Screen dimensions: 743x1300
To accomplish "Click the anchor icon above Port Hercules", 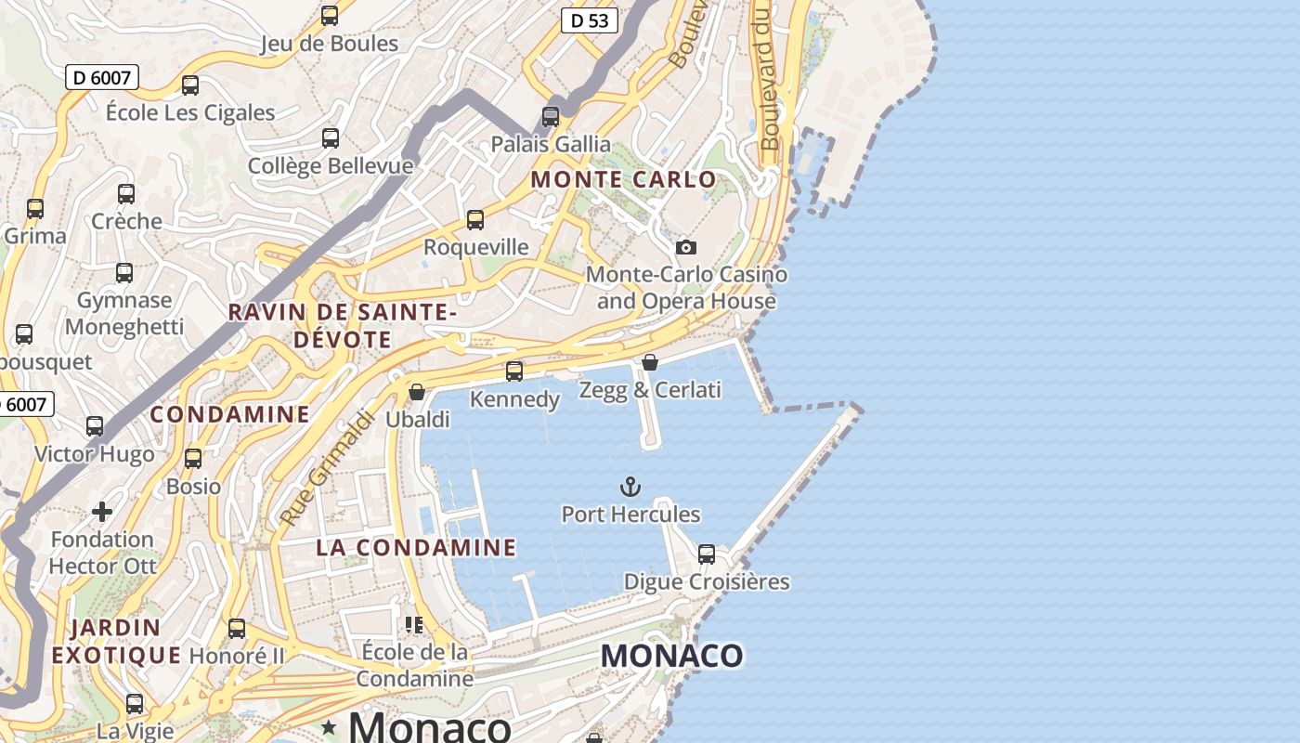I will click(x=630, y=487).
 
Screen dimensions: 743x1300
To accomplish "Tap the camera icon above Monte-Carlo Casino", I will click(x=686, y=247).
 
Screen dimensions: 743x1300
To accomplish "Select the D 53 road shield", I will click(x=590, y=20).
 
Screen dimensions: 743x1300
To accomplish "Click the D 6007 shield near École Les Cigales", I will click(x=102, y=77).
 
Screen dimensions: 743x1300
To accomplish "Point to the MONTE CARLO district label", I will click(x=624, y=179).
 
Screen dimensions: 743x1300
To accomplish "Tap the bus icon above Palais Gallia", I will click(x=551, y=117).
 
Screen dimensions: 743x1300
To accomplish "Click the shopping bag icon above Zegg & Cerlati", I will click(x=650, y=362).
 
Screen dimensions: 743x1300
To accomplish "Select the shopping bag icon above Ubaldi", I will click(x=417, y=392).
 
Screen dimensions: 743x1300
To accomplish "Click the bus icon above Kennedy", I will click(x=514, y=371).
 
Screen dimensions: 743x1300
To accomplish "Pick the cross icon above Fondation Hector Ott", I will click(x=102, y=512).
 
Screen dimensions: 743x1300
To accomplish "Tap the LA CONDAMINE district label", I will click(x=416, y=547).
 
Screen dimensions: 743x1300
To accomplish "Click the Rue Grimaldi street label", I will click(x=327, y=468).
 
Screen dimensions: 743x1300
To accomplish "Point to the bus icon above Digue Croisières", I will click(x=707, y=554).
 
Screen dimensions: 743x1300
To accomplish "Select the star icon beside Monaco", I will click(x=329, y=728).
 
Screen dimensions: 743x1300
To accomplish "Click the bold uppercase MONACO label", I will click(x=671, y=656).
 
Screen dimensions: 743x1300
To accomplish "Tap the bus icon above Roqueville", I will click(x=475, y=220).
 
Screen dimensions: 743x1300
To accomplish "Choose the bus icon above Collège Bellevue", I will click(x=331, y=138).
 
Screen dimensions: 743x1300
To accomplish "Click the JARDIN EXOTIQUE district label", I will click(x=116, y=642).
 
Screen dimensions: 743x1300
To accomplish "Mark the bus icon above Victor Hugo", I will click(x=95, y=426).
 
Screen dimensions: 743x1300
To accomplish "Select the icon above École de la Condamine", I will click(x=414, y=624).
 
